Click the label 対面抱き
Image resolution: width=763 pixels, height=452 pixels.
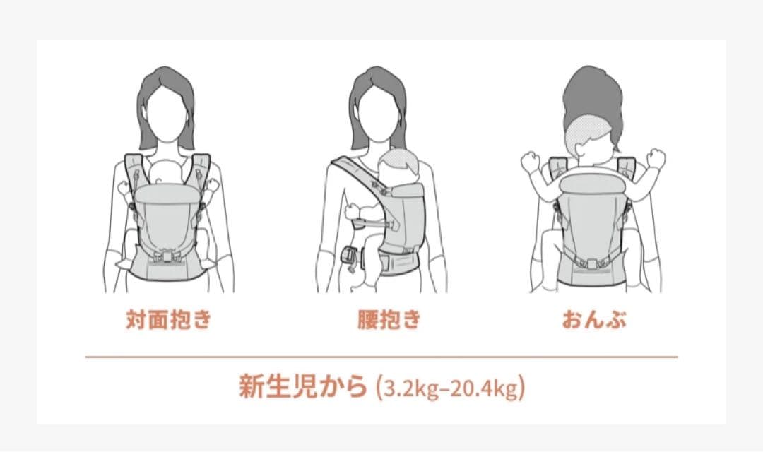tap(168, 320)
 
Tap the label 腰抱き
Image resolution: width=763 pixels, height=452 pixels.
tap(389, 320)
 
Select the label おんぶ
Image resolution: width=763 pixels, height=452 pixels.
tap(594, 320)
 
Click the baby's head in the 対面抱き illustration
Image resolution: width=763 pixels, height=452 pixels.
tap(167, 171)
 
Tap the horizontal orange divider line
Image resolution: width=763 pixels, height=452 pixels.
tap(381, 357)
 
